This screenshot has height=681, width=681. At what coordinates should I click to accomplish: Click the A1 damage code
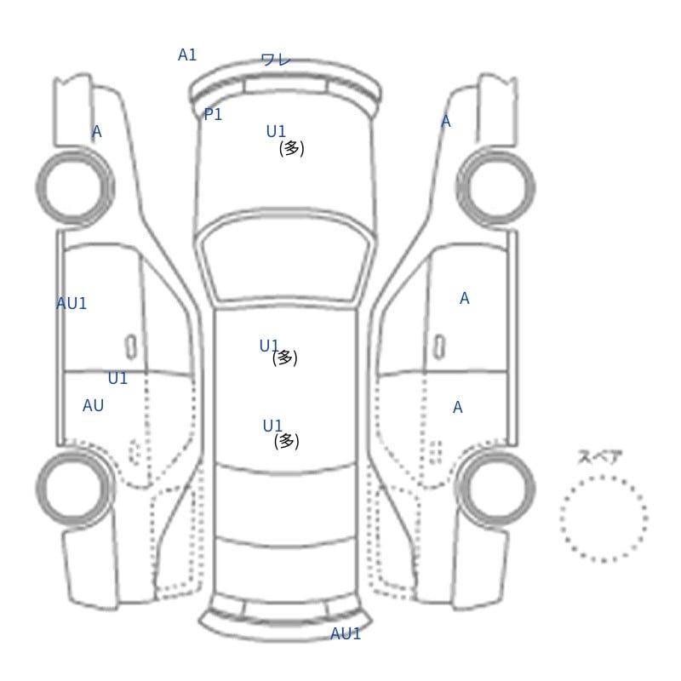coord(187,55)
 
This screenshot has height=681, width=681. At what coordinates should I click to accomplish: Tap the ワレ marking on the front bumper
coord(276,60)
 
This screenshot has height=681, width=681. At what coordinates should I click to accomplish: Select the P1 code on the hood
coord(213,115)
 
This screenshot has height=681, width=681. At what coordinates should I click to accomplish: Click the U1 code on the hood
coord(276,131)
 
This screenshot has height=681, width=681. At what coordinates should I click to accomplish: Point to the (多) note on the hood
coord(291,148)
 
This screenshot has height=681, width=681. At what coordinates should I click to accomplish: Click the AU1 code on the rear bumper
coord(346,633)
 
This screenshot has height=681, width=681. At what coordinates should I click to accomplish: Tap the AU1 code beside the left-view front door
coord(72,303)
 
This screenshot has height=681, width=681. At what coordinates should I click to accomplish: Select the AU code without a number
coord(93,405)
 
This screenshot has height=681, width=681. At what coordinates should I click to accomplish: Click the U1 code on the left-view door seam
coord(117,378)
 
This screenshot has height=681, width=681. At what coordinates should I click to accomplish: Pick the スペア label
coord(594,457)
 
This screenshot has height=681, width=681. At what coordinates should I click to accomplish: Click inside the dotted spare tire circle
coord(604,518)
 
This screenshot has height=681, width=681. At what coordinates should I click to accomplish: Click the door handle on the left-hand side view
coord(131,347)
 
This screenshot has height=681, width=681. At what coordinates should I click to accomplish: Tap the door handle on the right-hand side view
coord(439,347)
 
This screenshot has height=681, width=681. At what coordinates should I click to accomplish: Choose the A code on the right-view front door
coord(464,299)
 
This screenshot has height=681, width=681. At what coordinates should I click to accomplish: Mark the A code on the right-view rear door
coord(457,408)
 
